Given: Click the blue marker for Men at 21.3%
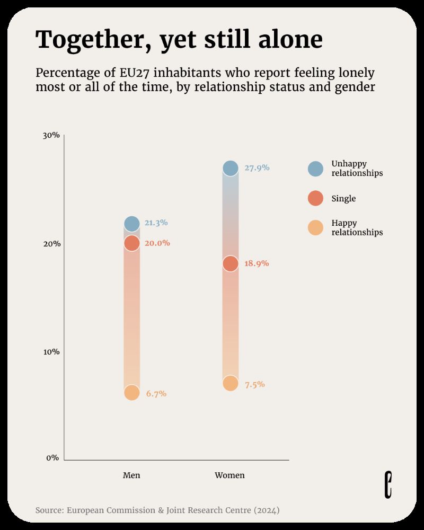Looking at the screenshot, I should [x=132, y=224].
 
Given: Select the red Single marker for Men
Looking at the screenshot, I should [x=132, y=243].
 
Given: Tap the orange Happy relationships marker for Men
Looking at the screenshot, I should [x=132, y=393].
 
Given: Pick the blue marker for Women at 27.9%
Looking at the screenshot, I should [x=230, y=169].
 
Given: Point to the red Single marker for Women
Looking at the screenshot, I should [x=230, y=263].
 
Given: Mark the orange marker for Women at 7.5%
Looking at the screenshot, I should [x=230, y=383].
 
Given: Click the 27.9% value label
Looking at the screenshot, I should [x=257, y=168].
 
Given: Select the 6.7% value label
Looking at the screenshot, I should [x=156, y=394].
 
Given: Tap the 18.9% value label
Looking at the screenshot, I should [x=257, y=263].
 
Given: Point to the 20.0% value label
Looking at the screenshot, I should [x=157, y=243].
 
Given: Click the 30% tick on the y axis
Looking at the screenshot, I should [x=51, y=135].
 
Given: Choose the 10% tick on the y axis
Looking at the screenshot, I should [x=51, y=352].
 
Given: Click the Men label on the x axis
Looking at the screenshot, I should [x=131, y=475].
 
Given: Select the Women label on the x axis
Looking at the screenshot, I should [x=229, y=475].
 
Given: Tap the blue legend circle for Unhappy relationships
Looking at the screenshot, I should [x=315, y=169].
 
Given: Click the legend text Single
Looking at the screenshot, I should [x=343, y=199].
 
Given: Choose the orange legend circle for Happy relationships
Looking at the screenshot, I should [x=315, y=228].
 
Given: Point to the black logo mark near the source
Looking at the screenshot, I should [x=388, y=484].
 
